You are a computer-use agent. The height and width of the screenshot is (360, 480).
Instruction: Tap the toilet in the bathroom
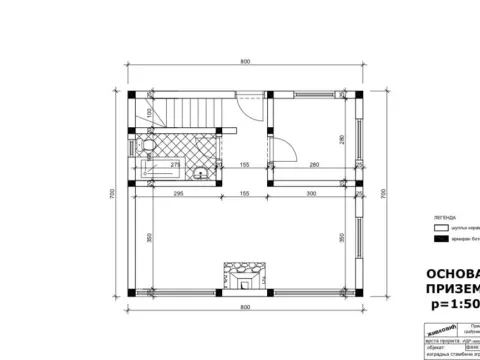pos(146,147)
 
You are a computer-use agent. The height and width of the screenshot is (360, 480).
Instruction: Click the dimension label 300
pos(311,192)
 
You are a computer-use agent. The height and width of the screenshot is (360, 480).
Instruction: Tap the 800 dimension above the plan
pos(244,62)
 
